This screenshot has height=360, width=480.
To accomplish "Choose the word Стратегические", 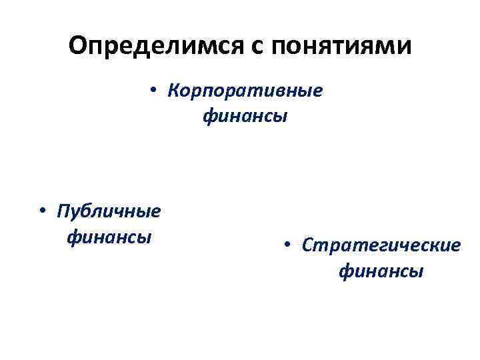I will (381, 245).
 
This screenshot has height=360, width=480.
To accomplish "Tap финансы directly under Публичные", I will (109, 237).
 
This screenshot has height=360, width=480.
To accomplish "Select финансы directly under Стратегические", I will (381, 271).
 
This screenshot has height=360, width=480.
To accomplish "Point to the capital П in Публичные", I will (64, 211).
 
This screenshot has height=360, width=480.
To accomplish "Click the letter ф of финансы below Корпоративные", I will (208, 117).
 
